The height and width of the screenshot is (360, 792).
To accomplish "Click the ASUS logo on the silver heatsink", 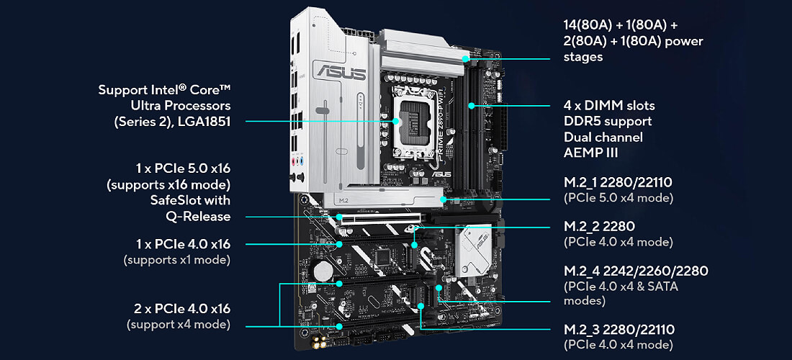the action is tap(339, 71).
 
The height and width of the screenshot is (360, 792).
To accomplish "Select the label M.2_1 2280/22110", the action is tap(618, 181).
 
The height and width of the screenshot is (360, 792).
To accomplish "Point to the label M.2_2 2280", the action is tap(599, 226).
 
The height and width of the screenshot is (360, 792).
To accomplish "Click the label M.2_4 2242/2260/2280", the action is tap(636, 271).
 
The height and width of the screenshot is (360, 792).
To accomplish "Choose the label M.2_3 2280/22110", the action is tap(618, 330).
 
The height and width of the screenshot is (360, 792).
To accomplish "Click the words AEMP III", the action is tap(590, 153).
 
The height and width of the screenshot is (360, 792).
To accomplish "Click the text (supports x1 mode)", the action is tap(177, 261).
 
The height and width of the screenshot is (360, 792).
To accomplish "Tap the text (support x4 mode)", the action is tap(179, 324).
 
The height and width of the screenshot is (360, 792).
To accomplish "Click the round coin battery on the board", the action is tap(323, 271).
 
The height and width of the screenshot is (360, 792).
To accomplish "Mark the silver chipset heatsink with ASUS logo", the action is tap(473, 250).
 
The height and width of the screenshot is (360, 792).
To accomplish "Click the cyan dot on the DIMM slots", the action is tap(471, 106).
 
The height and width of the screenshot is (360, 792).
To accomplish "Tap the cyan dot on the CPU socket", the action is tap(397, 121).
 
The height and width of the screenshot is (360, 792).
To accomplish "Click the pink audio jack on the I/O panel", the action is tap(294, 162).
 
